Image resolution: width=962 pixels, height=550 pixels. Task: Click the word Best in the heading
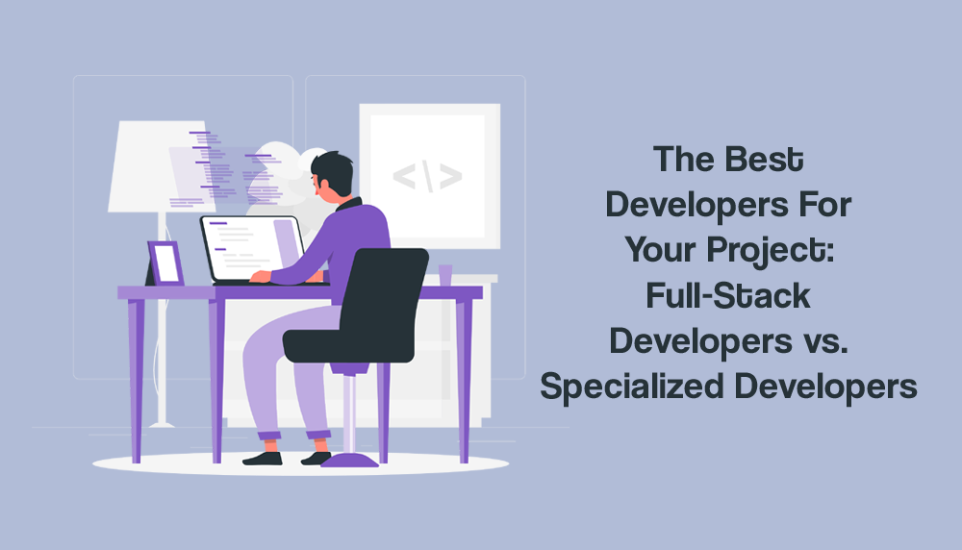click(765, 160)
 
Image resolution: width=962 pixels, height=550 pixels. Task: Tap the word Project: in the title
click(771, 251)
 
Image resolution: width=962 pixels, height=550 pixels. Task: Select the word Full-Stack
click(728, 295)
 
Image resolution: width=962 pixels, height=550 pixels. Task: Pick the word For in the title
click(825, 205)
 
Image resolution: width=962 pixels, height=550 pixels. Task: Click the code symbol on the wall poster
click(428, 177)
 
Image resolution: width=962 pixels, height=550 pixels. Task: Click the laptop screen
click(250, 249)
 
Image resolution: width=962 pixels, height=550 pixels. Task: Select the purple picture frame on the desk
click(165, 263)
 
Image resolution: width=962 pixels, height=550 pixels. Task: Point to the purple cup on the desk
click(445, 275)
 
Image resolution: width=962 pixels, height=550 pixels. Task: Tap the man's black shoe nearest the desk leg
click(263, 459)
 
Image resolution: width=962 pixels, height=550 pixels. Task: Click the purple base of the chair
click(350, 461)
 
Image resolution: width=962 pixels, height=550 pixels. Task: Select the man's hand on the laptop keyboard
click(260, 277)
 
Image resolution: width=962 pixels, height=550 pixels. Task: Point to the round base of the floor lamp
click(162, 423)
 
